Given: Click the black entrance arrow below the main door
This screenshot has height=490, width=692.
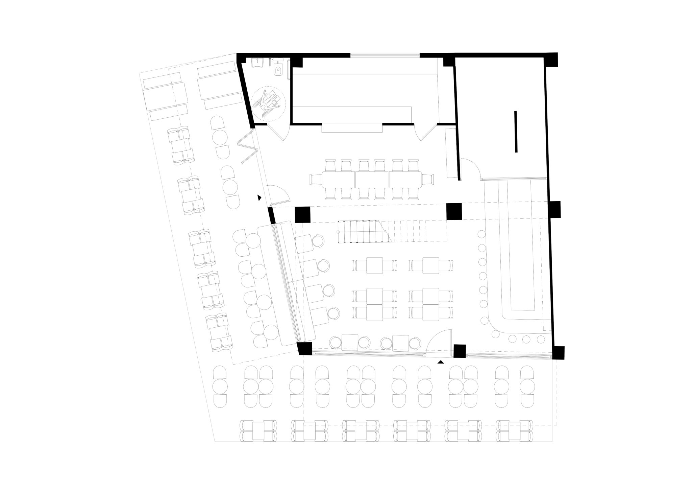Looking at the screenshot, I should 440,362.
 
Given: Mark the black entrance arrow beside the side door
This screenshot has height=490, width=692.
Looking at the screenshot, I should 259,198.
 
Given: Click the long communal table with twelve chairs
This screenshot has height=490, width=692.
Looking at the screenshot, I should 372,180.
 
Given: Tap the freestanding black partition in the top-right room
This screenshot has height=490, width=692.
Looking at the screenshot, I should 516,132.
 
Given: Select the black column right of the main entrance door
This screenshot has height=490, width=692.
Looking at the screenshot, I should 460,351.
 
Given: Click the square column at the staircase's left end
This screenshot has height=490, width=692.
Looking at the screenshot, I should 302,214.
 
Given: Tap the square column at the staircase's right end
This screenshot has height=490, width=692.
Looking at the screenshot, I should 454,211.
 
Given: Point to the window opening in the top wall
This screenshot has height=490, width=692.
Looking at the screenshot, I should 385,55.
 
